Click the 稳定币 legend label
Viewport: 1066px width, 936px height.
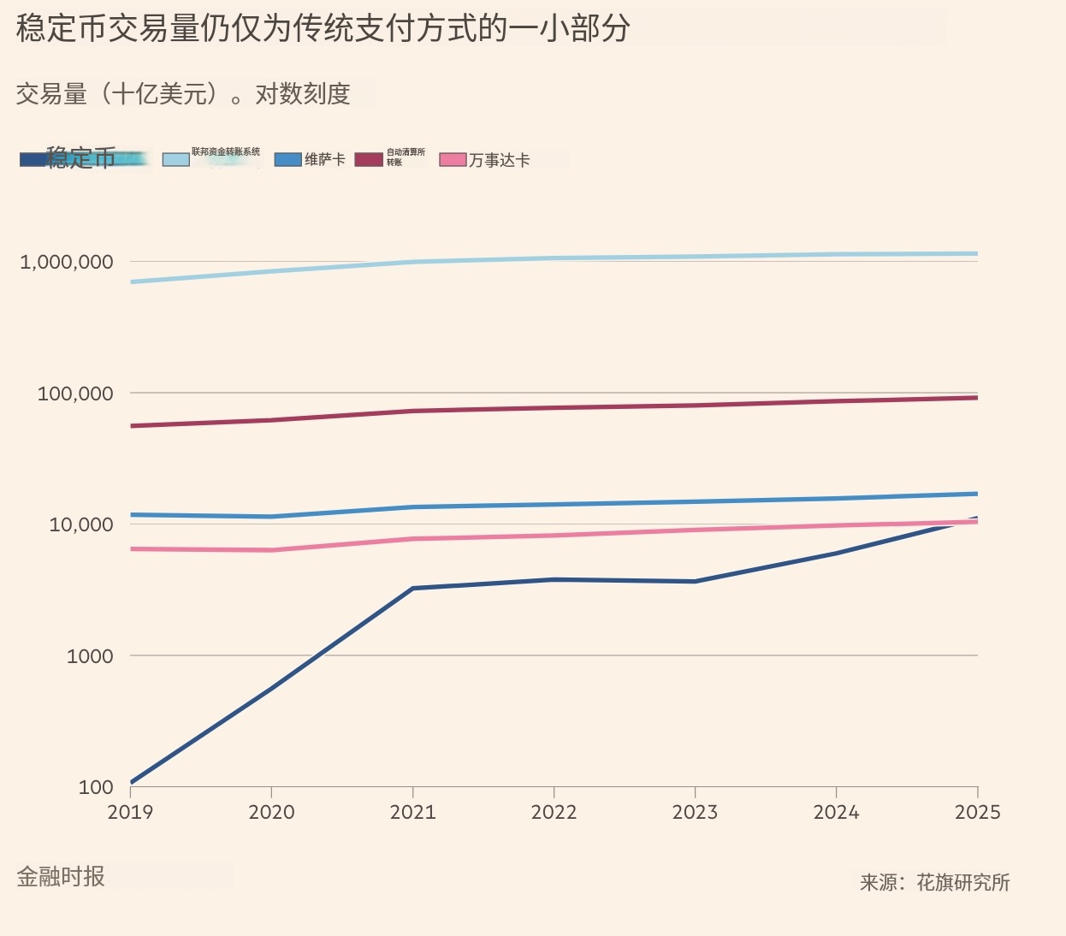81,158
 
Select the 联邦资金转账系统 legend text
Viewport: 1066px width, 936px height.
226,151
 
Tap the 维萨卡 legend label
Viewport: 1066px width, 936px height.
325,159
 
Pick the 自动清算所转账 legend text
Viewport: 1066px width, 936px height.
406,157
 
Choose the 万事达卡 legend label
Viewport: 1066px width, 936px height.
500,160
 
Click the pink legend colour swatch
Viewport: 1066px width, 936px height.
453,160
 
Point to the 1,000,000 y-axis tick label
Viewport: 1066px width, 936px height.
67,262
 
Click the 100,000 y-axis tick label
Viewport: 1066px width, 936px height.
75,394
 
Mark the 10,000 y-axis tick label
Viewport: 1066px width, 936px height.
81,524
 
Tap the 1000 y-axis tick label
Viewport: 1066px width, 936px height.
90,656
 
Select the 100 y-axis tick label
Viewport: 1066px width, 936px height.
96,787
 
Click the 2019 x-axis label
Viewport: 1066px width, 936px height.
130,812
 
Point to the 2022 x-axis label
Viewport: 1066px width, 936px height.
554,812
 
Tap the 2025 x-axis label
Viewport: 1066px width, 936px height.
977,812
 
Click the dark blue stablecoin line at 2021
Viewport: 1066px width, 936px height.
413,588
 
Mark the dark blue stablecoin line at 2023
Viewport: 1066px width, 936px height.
695,582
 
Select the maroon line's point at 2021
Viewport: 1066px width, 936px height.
413,411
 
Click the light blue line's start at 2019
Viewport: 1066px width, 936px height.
132,281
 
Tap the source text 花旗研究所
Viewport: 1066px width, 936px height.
963,882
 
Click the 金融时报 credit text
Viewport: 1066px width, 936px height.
61,876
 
